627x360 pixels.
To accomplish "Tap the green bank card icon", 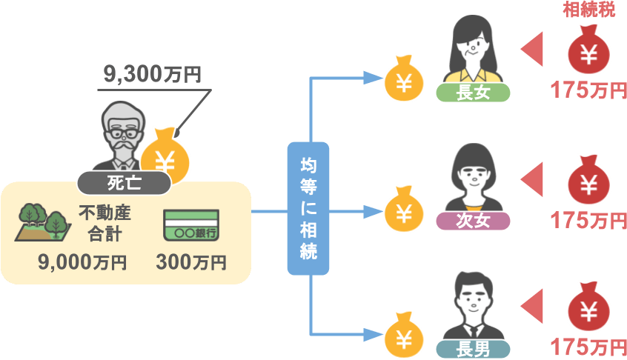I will pos(190,225).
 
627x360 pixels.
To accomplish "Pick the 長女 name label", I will pos(474,93).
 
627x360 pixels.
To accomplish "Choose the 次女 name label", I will pos(474,221).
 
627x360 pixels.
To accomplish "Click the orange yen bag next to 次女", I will pos(404,210).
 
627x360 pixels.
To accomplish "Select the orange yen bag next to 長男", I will pos(404,336).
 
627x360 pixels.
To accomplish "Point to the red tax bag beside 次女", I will pos(588,181).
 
